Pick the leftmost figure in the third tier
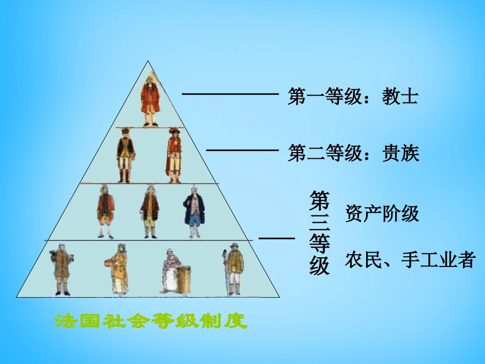tap(106, 210)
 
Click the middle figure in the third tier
tap(150, 211)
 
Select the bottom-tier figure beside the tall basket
tap(171, 271)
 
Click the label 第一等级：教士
tap(353, 96)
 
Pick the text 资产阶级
tap(382, 214)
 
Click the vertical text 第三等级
tap(320, 233)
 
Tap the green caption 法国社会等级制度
tap(151, 321)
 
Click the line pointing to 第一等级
tap(230, 94)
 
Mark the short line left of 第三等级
tap(277, 238)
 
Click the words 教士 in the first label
tap(400, 96)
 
